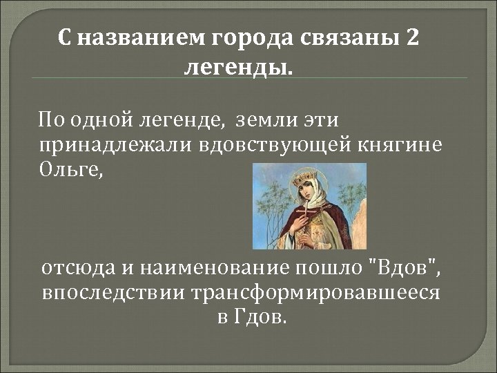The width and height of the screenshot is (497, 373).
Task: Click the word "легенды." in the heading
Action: click(239, 68)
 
